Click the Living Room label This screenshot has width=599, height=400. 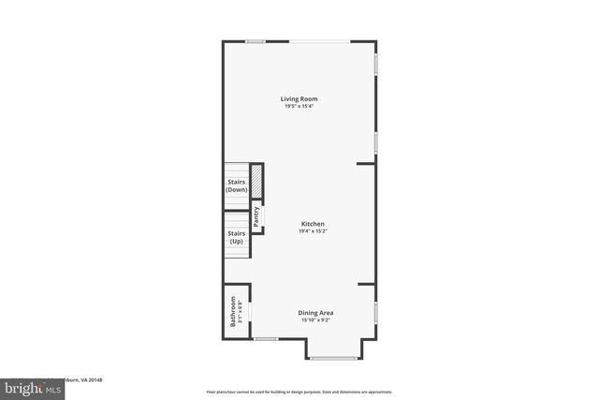click(x=299, y=98)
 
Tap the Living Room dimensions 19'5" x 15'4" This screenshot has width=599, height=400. click(x=299, y=106)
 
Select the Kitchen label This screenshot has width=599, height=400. click(x=313, y=224)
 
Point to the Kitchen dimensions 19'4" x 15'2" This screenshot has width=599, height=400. click(x=313, y=231)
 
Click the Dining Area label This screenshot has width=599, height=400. click(x=315, y=313)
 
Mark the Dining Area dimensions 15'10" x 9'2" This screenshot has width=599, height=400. click(x=315, y=320)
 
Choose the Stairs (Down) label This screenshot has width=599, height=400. click(x=237, y=185)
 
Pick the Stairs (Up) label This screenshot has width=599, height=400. click(x=237, y=238)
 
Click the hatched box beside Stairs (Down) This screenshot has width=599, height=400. click(x=256, y=181)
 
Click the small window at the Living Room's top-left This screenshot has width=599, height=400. click(x=254, y=40)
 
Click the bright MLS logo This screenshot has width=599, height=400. click(x=30, y=387)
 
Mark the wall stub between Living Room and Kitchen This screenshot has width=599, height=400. click(x=366, y=164)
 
